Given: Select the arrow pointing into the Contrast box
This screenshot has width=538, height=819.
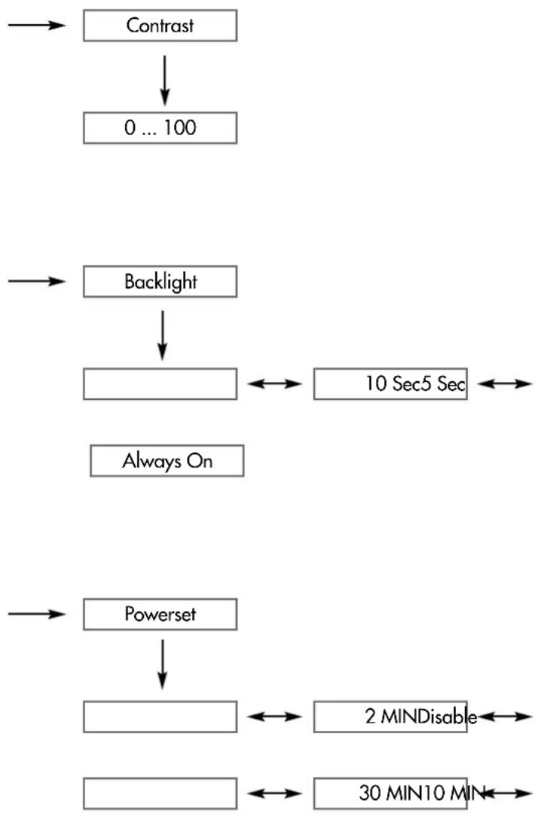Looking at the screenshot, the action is [x=37, y=25].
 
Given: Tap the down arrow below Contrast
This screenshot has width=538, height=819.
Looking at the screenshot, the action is [x=164, y=81].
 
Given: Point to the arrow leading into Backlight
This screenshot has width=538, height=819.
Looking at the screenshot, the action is [x=37, y=282].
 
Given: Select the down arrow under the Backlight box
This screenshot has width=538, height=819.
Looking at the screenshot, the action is [x=163, y=336].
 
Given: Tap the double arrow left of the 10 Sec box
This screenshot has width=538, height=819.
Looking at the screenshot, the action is [x=275, y=384].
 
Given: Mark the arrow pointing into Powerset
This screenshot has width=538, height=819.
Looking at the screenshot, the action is [x=37, y=614].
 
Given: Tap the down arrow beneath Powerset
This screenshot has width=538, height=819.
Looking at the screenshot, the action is [x=163, y=665].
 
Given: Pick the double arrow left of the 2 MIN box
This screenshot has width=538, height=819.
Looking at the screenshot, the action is [x=275, y=717].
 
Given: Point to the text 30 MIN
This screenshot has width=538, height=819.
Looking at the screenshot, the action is [x=386, y=793].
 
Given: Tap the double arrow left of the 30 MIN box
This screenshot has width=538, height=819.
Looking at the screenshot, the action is [x=275, y=793].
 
